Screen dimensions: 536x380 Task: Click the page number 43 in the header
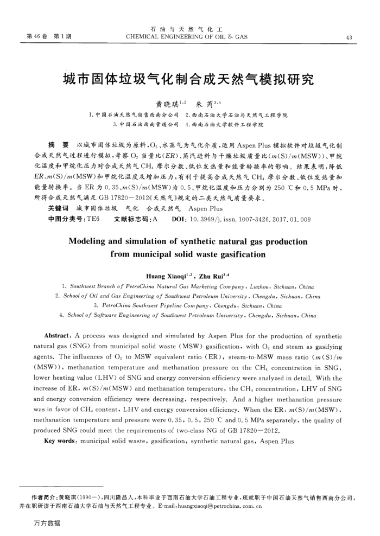click(x=349, y=37)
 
